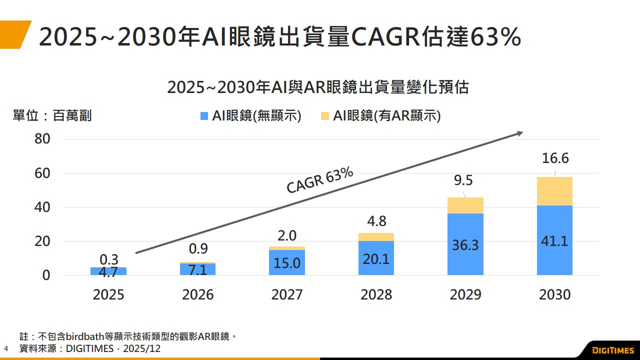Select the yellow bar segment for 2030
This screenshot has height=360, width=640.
(554, 191)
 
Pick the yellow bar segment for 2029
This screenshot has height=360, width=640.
(465, 205)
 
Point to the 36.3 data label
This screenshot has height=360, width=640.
(465, 245)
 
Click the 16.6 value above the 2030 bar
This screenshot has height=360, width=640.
(555, 158)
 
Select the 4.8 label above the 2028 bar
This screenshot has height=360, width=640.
(376, 221)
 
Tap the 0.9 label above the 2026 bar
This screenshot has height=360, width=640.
(197, 248)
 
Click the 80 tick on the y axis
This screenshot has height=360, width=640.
(42, 139)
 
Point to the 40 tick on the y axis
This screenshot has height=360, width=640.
(42, 207)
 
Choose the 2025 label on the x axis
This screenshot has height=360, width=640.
(108, 294)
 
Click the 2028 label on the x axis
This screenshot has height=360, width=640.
(376, 294)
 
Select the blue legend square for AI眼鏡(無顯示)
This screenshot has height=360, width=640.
(204, 116)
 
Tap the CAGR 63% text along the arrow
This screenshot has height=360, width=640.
(320, 180)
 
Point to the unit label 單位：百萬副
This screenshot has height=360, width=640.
(52, 116)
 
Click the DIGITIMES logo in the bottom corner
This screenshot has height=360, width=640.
(612, 349)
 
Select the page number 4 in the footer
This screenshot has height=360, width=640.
(6, 348)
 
